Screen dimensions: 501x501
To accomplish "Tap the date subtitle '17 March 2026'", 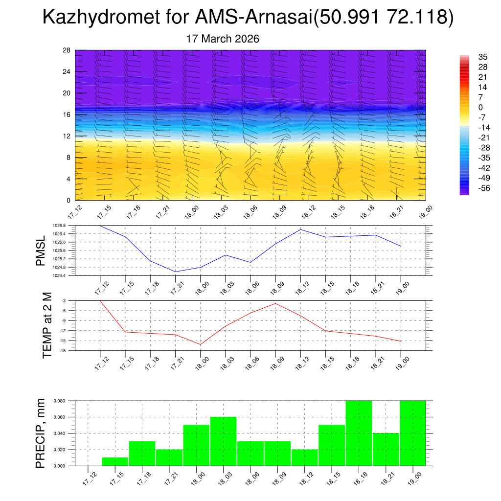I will click(x=223, y=39).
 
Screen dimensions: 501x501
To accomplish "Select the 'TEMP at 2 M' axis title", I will click(x=47, y=325).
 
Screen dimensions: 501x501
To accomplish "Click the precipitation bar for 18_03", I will click(x=224, y=441).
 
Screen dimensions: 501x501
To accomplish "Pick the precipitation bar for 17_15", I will click(x=115, y=461).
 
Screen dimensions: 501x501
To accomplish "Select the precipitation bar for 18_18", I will click(x=359, y=433).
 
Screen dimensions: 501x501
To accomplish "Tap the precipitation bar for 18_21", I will click(x=386, y=449).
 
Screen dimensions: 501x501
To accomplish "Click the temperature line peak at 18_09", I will click(x=275, y=303).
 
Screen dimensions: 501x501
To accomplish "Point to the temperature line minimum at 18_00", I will click(x=200, y=344).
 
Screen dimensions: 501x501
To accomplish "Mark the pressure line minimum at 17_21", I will click(x=175, y=272).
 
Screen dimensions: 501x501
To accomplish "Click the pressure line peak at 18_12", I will click(x=300, y=229).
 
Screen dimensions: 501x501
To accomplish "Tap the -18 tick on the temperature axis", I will click(x=64, y=351).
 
